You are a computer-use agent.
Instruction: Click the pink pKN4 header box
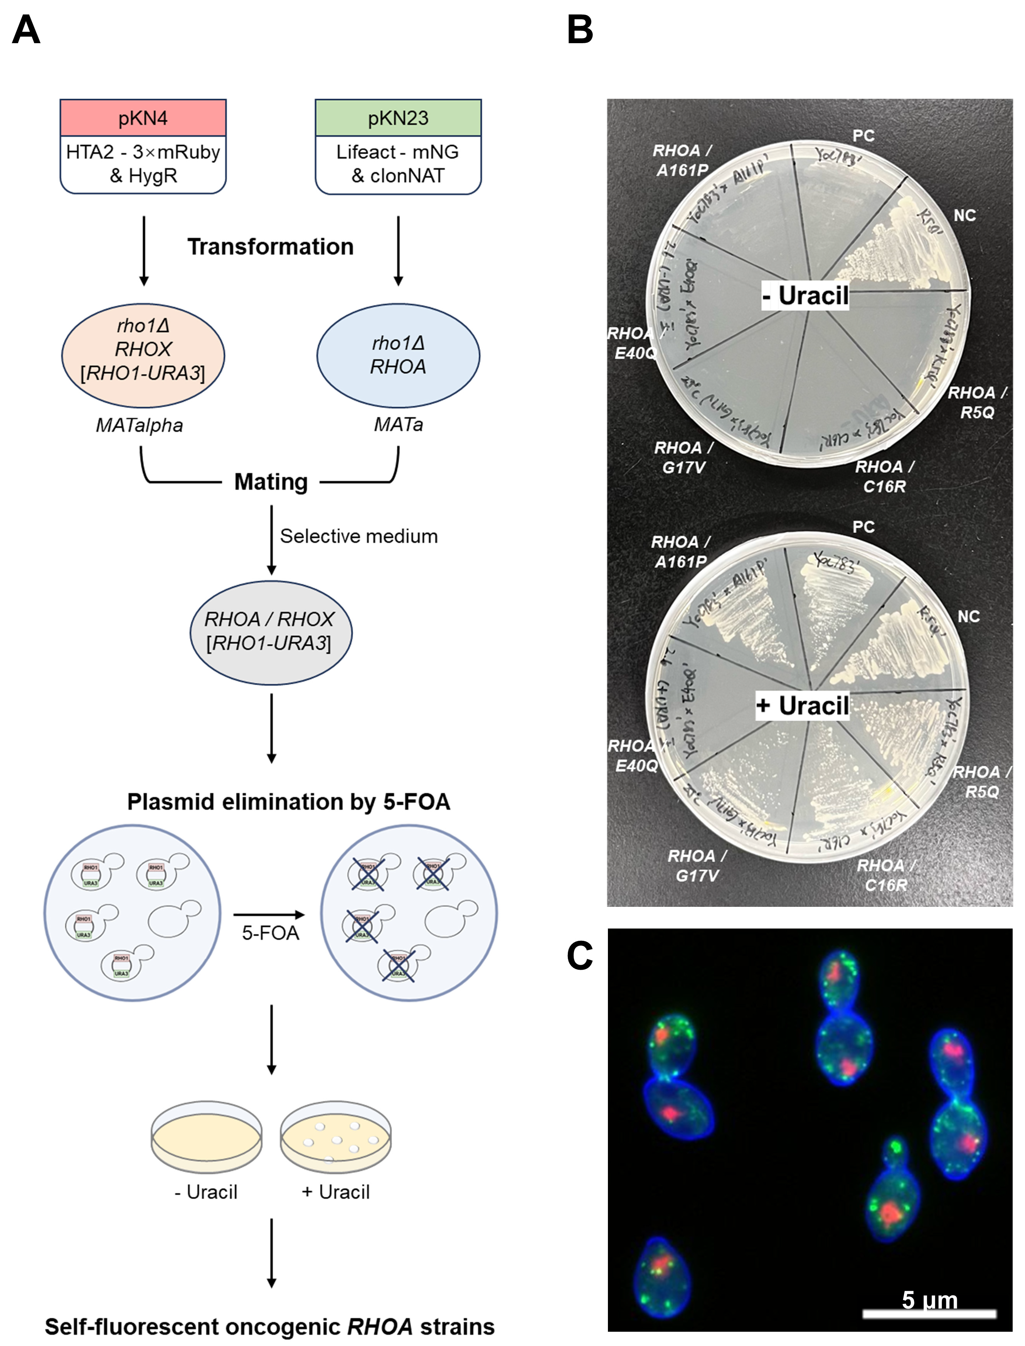click(143, 118)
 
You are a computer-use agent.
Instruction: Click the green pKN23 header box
click(398, 118)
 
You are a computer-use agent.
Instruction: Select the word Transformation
click(270, 246)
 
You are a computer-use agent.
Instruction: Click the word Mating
click(271, 482)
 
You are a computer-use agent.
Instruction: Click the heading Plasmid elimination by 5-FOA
click(289, 801)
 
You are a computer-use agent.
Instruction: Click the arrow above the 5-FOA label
click(269, 914)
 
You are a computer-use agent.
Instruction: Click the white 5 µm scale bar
click(929, 1314)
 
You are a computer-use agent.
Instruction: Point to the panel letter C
click(580, 955)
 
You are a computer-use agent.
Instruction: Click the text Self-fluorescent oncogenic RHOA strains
click(270, 1326)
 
